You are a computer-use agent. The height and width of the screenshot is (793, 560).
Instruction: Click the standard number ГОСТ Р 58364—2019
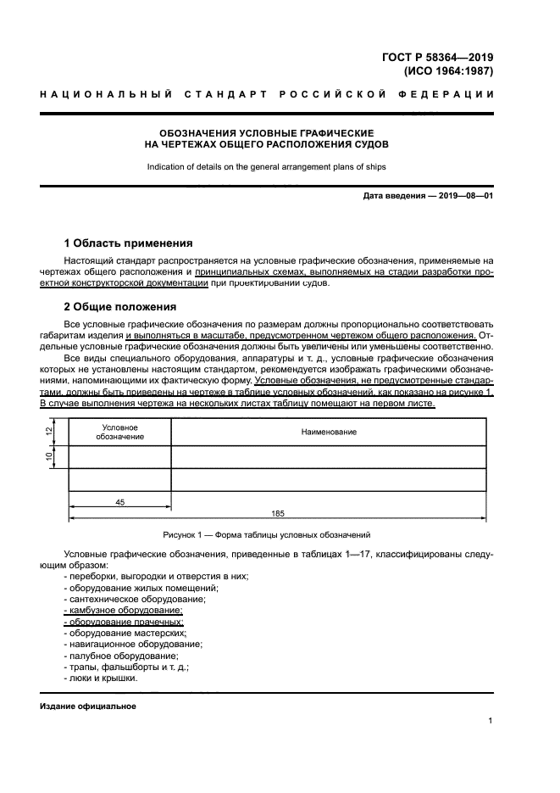(x=436, y=57)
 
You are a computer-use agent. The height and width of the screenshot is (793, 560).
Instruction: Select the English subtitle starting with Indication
(x=266, y=167)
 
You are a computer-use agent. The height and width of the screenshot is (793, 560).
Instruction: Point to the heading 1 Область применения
(x=128, y=243)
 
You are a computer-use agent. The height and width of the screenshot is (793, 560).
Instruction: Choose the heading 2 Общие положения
(x=120, y=306)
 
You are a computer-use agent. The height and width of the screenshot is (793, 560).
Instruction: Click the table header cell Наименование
(x=329, y=433)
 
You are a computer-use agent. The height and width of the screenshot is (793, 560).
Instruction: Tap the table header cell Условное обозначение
(x=119, y=433)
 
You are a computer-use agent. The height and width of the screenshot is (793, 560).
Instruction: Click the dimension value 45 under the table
(x=119, y=503)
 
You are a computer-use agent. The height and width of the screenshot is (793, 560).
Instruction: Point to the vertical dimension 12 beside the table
(x=50, y=432)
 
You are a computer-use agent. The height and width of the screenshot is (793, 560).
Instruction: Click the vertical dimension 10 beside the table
(x=50, y=457)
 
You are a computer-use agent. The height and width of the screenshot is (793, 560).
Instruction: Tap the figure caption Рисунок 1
(x=266, y=535)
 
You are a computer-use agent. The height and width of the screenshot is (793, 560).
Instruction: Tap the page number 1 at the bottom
(x=491, y=722)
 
